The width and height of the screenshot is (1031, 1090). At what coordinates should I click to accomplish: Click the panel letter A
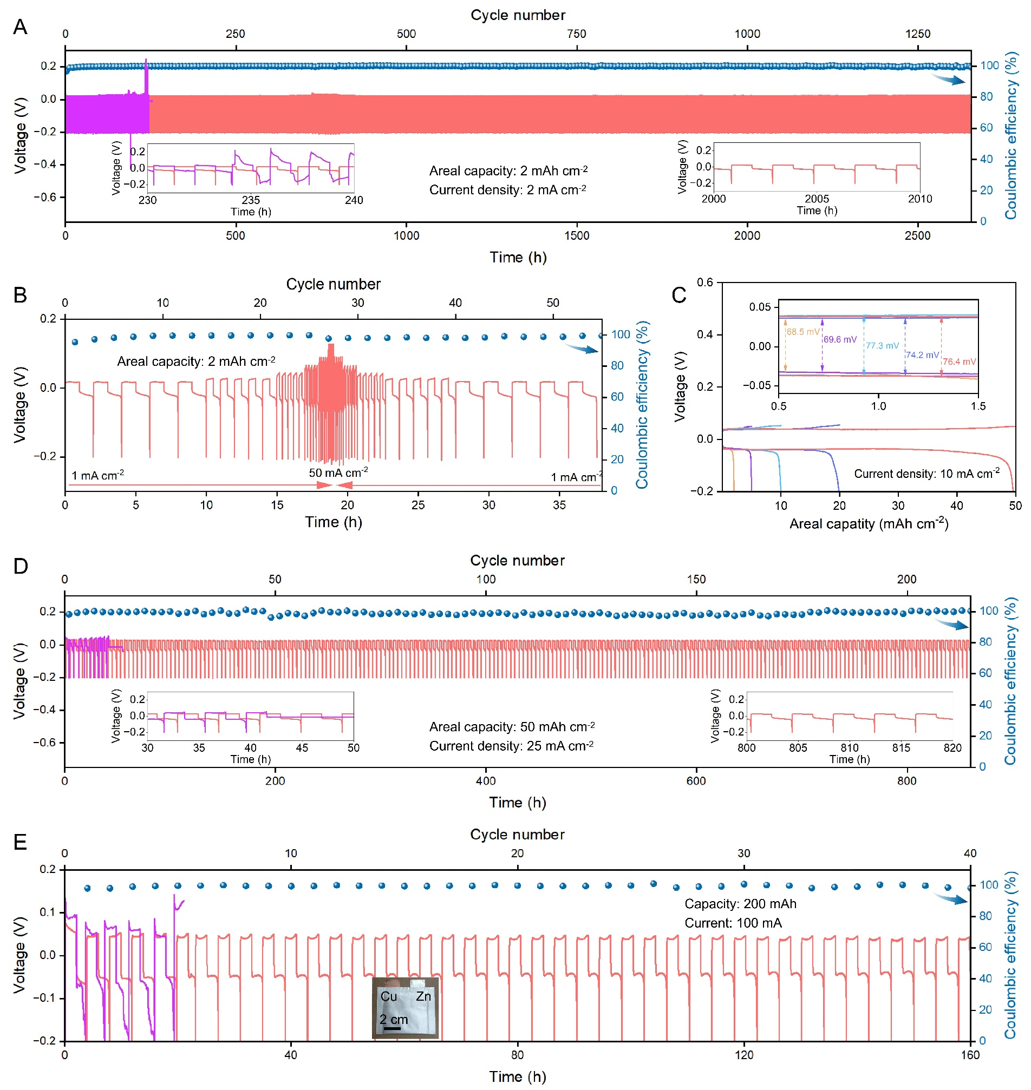pos(20,27)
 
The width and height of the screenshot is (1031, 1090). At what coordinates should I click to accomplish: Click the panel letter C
pos(678,295)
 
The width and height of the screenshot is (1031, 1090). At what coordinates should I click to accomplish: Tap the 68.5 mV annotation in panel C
pos(802,332)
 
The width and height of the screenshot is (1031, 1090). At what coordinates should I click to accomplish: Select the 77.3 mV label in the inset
pos(882,346)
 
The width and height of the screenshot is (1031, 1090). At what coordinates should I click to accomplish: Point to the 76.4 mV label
pos(959,362)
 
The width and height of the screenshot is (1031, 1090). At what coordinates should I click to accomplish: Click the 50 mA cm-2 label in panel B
pos(338,473)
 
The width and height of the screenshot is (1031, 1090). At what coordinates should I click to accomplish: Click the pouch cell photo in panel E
pos(405,1008)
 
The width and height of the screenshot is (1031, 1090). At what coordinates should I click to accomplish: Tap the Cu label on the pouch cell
pos(389,996)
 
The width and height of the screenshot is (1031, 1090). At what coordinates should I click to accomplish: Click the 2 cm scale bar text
pos(394,1020)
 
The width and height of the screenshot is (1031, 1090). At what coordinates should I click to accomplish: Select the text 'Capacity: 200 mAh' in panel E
pos(740,904)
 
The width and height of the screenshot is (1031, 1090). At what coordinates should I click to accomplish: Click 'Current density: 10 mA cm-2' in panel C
pos(926,474)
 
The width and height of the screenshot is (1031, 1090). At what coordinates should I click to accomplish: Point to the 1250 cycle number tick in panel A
pos(918,34)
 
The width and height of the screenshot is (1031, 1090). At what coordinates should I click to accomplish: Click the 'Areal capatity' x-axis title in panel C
pos(869,523)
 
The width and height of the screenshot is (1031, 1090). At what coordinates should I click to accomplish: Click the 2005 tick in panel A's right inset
pos(817,199)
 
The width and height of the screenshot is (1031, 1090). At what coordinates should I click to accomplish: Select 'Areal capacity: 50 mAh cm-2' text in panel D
pos(512,727)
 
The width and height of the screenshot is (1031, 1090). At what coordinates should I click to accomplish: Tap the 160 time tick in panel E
pos(970,1055)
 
